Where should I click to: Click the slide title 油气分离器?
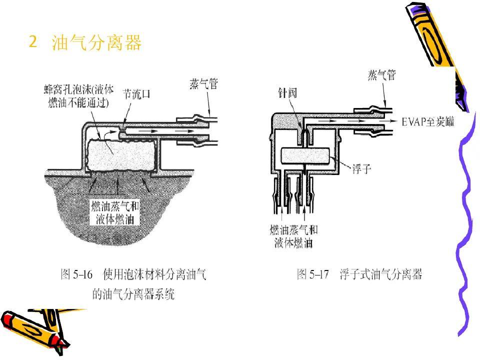pos(97,43)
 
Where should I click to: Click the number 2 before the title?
pos(33,42)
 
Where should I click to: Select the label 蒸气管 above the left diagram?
pos(203,83)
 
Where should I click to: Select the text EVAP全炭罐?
pos(428,121)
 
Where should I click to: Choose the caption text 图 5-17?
pos(313,274)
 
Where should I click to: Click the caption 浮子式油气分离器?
pos(380,274)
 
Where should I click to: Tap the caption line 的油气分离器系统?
pos(133,294)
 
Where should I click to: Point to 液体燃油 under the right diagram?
pos(293,243)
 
